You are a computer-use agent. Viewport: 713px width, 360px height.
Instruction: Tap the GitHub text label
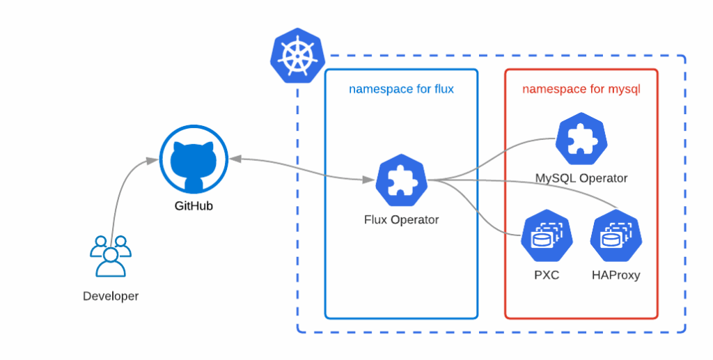194,206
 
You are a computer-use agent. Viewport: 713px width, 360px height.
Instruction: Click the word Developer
111,296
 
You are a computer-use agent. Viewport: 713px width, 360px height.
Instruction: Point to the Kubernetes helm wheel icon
292,56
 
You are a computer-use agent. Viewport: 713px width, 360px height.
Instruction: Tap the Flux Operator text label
401,220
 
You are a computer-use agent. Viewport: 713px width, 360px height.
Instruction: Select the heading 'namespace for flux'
401,89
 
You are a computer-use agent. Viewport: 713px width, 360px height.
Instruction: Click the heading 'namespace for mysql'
581,89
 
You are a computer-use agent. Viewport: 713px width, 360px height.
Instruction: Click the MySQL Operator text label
581,178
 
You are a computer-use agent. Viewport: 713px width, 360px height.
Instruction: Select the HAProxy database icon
616,237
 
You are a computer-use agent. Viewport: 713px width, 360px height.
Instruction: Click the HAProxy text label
616,275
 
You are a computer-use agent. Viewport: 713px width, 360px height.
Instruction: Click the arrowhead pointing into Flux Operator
369,180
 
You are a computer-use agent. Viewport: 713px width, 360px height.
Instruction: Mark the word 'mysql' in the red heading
624,89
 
